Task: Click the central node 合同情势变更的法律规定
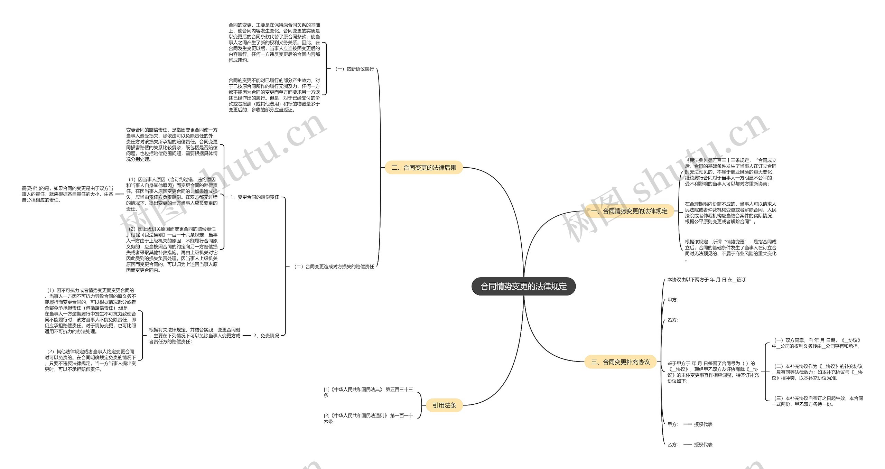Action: coord(523,286)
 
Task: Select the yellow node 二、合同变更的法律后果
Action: coord(423,168)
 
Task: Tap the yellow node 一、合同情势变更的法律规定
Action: coord(629,211)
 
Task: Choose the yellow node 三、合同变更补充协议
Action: coord(620,362)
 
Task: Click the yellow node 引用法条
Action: coord(444,405)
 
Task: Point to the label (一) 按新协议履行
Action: coord(354,69)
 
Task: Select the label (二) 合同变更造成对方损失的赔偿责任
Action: coord(334,266)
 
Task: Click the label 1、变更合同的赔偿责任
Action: coord(255,197)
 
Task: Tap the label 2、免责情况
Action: coord(266,336)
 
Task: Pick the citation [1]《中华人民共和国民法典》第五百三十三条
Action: coord(368,392)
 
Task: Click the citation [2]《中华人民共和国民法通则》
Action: coord(368,418)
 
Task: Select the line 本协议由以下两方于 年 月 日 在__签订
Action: coord(706,280)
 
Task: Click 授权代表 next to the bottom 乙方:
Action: coord(703,444)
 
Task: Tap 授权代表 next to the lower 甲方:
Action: coord(703,424)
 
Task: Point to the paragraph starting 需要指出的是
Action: coord(68,194)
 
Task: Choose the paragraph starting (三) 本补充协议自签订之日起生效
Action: coord(817,401)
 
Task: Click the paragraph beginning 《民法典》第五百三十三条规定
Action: coord(730,172)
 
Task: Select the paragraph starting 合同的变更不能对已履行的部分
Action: coord(274,95)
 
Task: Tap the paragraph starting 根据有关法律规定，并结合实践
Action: coord(195,336)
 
